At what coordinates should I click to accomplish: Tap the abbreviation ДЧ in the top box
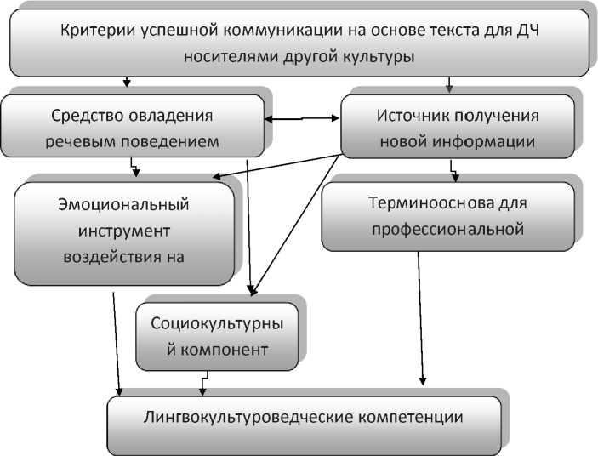point(527,31)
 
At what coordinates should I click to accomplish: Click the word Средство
point(83,116)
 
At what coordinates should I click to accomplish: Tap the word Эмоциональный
point(123,205)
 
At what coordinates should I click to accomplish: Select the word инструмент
point(123,231)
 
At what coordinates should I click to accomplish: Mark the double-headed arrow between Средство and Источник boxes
point(303,118)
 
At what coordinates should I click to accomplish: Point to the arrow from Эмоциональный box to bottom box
point(117,340)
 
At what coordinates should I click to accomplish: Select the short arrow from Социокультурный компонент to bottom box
point(202,383)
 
